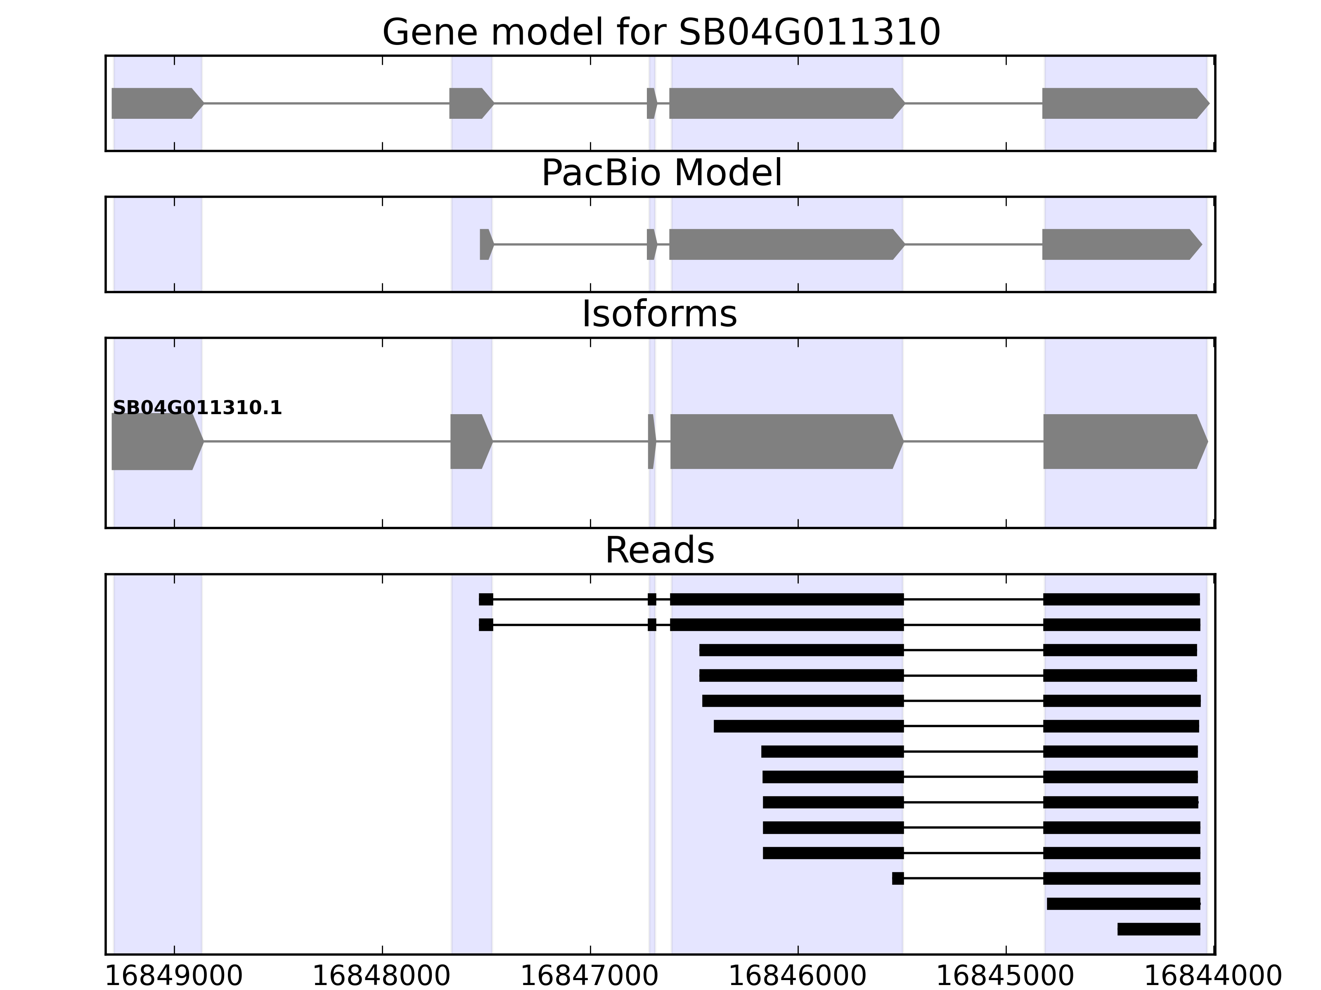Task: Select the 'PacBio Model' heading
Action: click(x=661, y=174)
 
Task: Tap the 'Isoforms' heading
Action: click(x=659, y=314)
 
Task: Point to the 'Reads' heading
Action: click(x=659, y=550)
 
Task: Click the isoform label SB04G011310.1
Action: click(x=197, y=408)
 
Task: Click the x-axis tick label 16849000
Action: click(x=174, y=976)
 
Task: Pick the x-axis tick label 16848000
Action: click(x=381, y=976)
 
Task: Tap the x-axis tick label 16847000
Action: click(x=589, y=976)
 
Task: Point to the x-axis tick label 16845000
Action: click(x=1005, y=976)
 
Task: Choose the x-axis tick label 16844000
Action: click(x=1213, y=976)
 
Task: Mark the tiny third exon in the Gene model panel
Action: click(x=651, y=103)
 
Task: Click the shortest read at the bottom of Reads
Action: click(x=1159, y=929)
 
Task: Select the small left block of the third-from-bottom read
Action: click(x=897, y=878)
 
